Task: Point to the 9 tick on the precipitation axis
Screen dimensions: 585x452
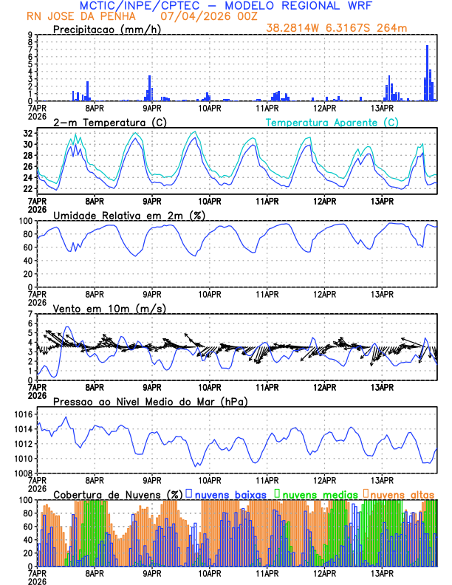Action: [30, 35]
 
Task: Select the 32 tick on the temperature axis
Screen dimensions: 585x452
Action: [27, 134]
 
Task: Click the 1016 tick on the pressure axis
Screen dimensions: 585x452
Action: [22, 414]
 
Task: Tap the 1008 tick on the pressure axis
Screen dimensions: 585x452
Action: [22, 473]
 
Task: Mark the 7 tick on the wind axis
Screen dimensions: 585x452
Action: [30, 314]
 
